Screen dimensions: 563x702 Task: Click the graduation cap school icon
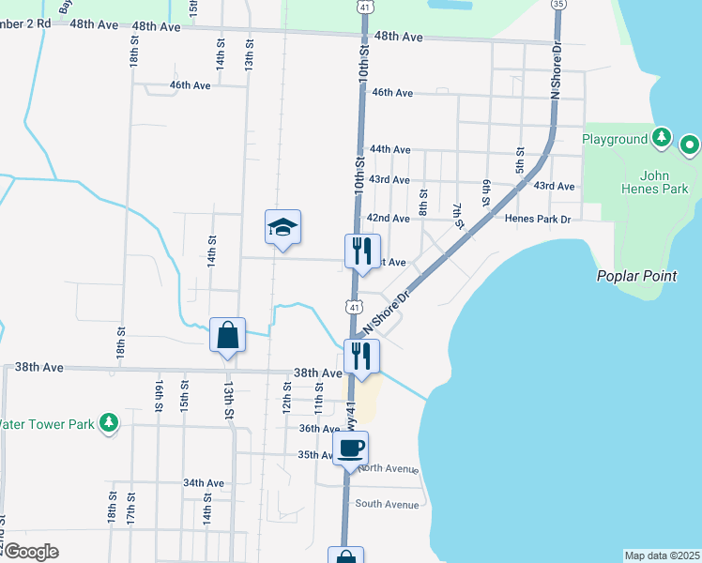click(282, 227)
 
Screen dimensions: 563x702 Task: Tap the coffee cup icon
click(351, 449)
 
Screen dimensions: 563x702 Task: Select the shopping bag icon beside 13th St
click(228, 335)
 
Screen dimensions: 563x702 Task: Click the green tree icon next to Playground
click(662, 139)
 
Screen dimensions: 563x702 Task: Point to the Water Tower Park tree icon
click(109, 423)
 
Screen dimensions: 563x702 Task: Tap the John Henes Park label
click(664, 182)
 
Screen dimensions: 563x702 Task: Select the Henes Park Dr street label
click(538, 218)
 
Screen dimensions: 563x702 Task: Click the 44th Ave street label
click(390, 149)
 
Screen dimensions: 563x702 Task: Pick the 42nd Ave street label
click(388, 218)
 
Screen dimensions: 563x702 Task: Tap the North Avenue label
click(388, 468)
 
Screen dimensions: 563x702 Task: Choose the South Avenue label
click(386, 504)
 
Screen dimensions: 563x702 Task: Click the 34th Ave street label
click(204, 483)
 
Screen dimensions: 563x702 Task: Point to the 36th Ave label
click(319, 428)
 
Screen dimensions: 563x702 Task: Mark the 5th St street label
click(519, 160)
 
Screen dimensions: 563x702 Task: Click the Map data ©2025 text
click(662, 555)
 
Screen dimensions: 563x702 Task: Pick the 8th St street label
click(424, 201)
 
